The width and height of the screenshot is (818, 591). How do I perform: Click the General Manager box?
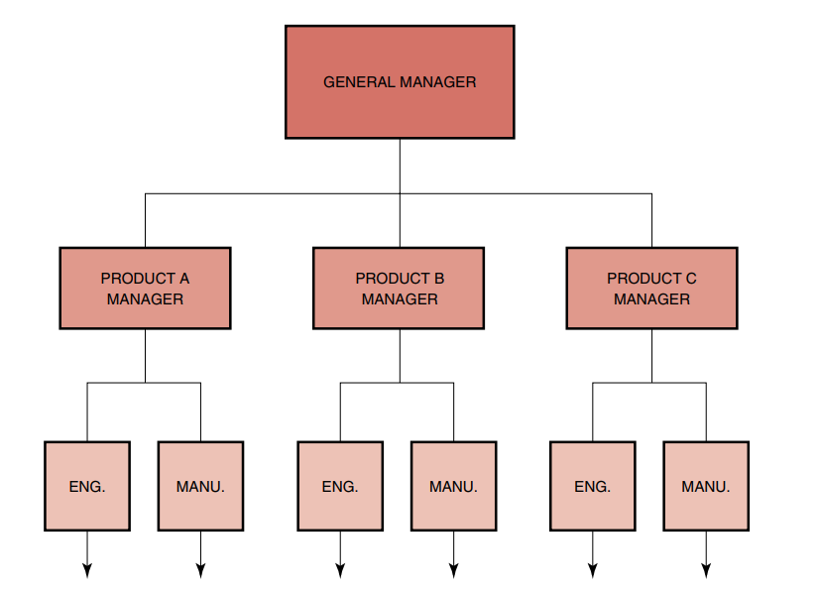coord(400,82)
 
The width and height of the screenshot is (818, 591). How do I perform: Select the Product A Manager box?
coord(145,288)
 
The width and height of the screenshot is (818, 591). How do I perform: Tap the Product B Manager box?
coord(399,288)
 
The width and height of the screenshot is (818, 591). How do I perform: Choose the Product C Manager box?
coord(651,288)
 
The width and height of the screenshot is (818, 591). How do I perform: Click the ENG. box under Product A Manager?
coord(87,486)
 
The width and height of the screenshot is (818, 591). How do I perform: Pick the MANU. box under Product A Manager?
coord(200,486)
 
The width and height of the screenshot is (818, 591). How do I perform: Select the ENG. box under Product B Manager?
coord(340,486)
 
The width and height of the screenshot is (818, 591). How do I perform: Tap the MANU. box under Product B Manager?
coord(453,486)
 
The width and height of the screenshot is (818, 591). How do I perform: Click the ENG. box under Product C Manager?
coord(593,486)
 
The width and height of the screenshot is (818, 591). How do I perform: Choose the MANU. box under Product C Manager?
coord(706,486)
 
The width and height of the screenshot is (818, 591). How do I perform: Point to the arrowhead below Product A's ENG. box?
coord(87,570)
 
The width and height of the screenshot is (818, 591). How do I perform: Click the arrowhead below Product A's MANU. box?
coord(200,570)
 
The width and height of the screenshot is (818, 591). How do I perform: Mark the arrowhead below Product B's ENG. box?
coord(340,570)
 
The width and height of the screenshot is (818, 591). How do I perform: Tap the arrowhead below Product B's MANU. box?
coord(453,570)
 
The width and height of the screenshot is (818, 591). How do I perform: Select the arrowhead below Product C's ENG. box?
coord(593,570)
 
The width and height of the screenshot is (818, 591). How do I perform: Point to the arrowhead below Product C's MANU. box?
coord(706,570)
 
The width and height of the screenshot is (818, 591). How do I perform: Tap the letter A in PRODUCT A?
coord(183,279)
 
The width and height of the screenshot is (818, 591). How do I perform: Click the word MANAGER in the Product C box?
coord(651,298)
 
